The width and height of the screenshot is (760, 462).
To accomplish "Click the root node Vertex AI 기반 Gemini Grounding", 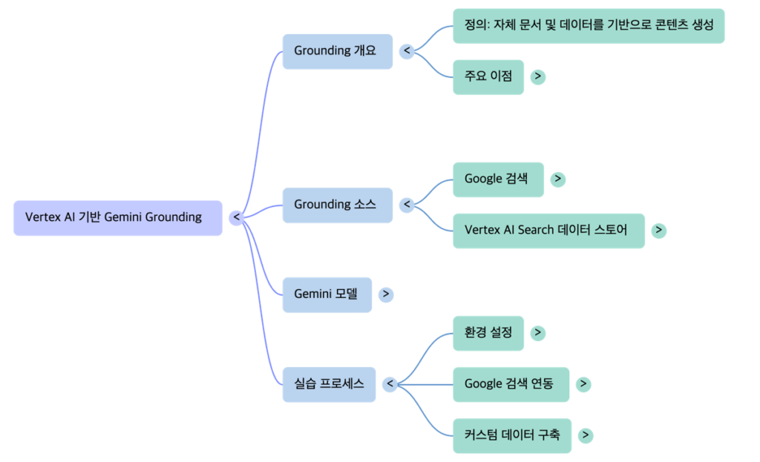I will (117, 217).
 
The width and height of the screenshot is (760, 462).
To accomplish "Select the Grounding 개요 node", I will (338, 51).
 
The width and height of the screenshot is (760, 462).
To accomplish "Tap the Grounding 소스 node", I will (338, 205).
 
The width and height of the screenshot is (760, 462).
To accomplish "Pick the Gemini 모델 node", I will (327, 294).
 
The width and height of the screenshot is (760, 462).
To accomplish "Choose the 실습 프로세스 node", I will (329, 384).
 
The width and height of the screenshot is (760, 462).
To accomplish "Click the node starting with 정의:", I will (589, 26).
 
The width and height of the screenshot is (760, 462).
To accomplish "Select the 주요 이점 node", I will (488, 77).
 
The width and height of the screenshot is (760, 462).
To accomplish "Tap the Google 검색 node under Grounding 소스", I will (498, 179).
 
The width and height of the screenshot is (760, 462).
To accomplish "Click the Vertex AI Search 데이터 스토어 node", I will (548, 231).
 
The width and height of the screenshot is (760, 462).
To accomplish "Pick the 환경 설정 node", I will (488, 333).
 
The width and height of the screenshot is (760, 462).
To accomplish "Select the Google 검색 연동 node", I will (511, 384).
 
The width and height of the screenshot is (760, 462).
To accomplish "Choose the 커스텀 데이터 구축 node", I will (512, 435).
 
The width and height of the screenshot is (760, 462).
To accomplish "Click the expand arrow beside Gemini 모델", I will (385, 294).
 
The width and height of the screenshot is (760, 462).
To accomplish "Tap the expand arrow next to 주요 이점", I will (538, 77).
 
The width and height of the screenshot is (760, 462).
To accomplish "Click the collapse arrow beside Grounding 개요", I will (406, 51).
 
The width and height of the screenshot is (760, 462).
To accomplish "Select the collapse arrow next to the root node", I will (235, 218).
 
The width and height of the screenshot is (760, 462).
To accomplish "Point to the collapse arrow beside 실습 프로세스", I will (390, 384).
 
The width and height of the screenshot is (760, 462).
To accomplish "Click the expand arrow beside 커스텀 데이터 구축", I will (586, 435).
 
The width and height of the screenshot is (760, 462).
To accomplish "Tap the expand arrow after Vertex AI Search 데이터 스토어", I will (658, 231).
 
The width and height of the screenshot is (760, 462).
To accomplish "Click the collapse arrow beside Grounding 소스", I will (406, 205).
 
